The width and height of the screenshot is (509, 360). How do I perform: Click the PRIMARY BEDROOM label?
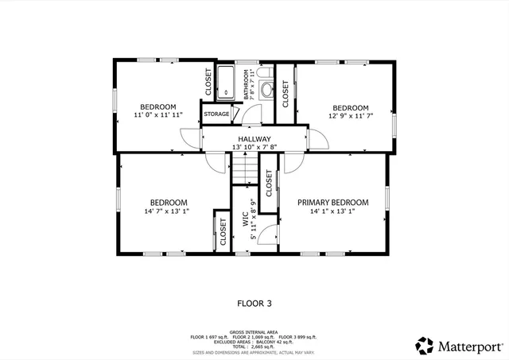point(333,203)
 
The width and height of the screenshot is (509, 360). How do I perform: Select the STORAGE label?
point(216,114)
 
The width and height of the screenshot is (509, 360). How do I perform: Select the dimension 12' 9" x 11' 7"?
point(350,116)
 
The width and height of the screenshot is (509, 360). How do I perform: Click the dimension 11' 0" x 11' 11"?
point(158,115)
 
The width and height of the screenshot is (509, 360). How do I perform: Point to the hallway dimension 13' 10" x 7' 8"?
point(254,147)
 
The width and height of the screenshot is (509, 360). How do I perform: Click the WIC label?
point(246,219)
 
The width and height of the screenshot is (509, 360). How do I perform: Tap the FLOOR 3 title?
point(254,303)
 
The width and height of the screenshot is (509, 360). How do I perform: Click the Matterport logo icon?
point(425,346)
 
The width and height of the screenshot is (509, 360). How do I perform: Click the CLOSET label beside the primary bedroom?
point(269,184)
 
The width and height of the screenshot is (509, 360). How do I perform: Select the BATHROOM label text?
point(247,83)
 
